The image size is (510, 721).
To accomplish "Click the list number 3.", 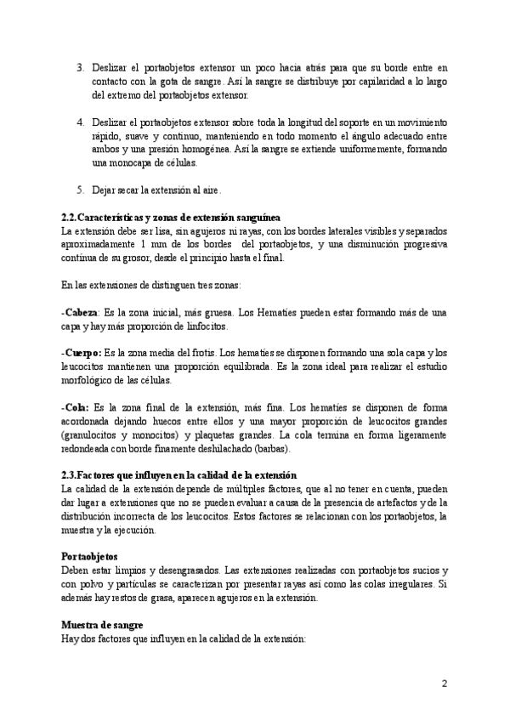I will pyautogui.click(x=80, y=66).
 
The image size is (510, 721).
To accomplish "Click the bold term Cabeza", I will pyautogui.click(x=81, y=312).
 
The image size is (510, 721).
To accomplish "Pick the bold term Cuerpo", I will pyautogui.click(x=82, y=350).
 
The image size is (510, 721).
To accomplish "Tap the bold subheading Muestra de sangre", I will pyautogui.click(x=103, y=625).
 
